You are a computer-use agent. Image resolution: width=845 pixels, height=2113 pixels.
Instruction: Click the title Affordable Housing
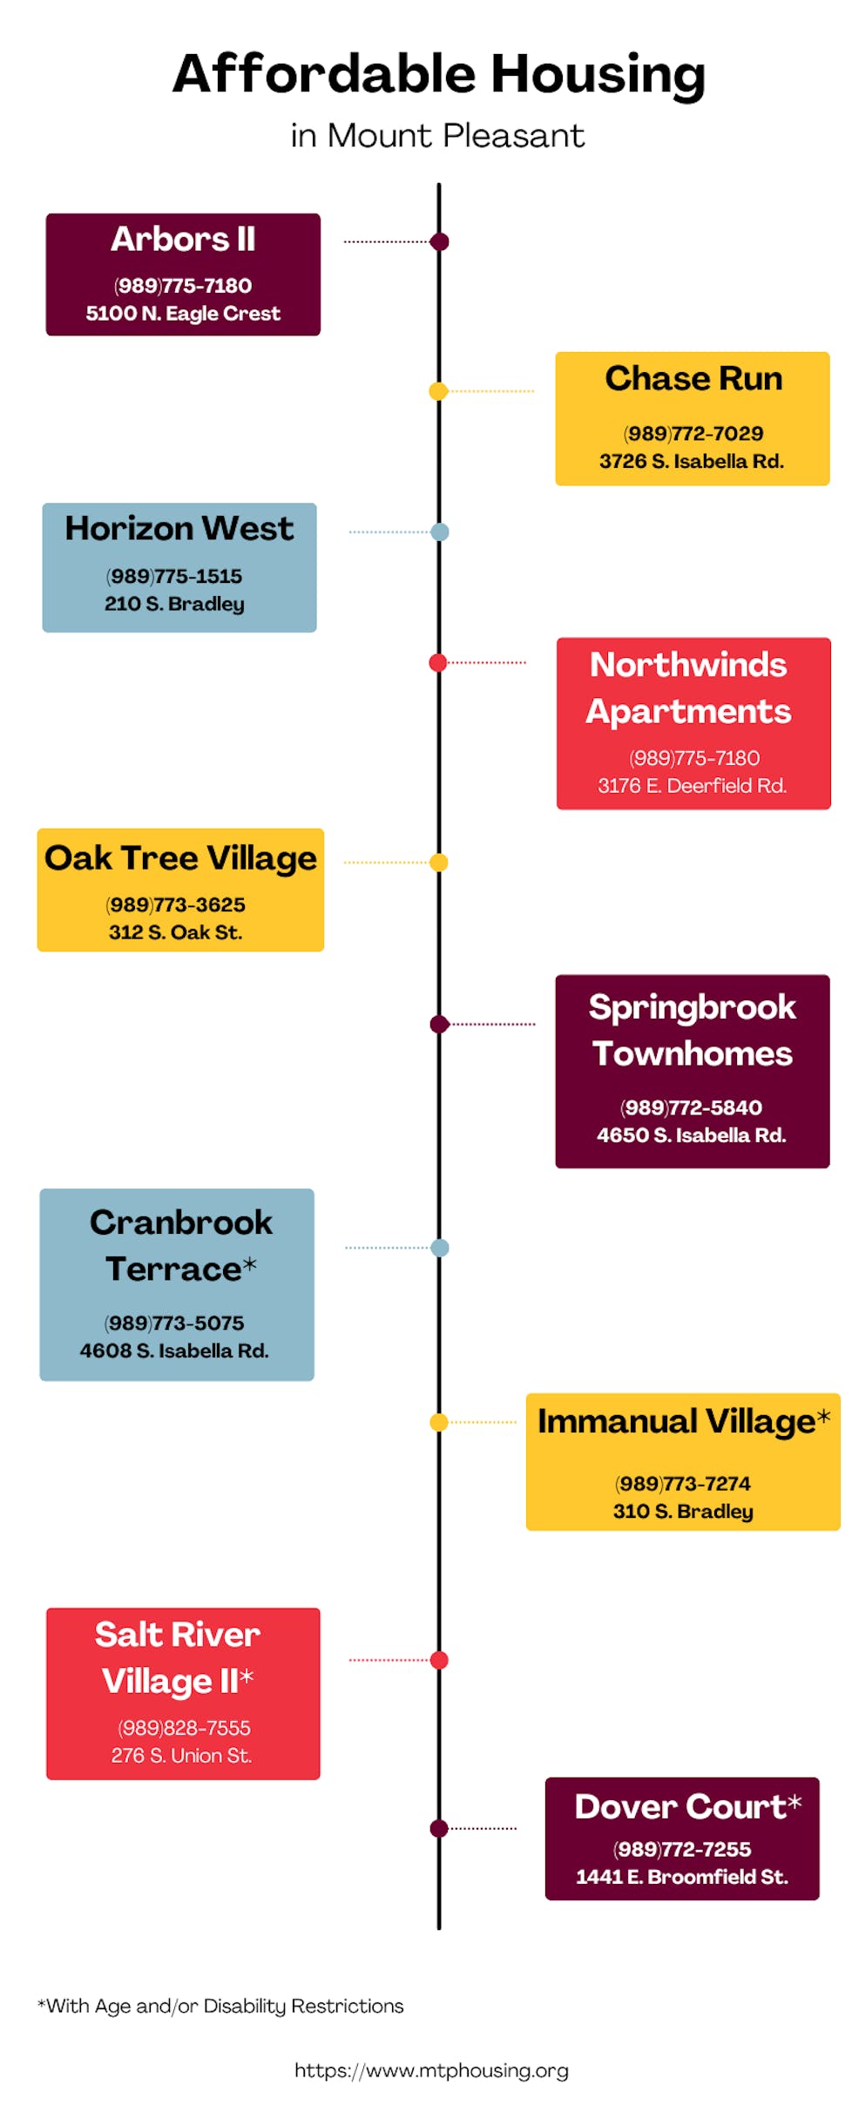[438, 74]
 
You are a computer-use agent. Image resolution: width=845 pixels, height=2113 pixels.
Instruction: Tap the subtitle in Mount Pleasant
[437, 136]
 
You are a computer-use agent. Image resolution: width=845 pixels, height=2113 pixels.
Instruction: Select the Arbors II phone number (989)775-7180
[183, 286]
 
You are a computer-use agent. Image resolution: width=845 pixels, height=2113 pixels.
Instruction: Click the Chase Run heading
[693, 379]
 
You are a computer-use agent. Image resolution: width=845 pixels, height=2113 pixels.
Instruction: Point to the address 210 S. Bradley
[174, 604]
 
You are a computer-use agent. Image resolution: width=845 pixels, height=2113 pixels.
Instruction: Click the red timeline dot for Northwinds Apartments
[438, 663]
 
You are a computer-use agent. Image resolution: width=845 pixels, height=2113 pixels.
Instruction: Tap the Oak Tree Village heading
[180, 858]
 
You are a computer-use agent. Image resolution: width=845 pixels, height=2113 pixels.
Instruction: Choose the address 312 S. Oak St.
[175, 932]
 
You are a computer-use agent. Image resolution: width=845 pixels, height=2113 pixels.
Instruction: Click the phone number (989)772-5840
[691, 1107]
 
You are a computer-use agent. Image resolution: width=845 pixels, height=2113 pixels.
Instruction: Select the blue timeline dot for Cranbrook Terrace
[440, 1248]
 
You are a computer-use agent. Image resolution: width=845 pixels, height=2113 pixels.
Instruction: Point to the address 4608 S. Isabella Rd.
[174, 1351]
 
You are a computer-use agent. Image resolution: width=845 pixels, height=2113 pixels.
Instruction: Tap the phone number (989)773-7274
[683, 1483]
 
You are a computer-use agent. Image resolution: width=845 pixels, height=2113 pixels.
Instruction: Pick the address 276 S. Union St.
[181, 1756]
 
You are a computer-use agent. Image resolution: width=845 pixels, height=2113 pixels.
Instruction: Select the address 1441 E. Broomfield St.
[682, 1877]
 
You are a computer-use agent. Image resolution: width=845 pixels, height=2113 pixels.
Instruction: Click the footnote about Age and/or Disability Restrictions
[220, 2006]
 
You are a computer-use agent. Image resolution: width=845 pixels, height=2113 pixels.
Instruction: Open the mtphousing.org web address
[431, 2070]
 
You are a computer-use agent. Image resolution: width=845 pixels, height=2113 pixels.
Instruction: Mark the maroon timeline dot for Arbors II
[440, 241]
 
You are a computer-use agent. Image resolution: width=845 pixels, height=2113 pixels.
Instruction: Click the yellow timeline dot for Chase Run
[438, 391]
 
